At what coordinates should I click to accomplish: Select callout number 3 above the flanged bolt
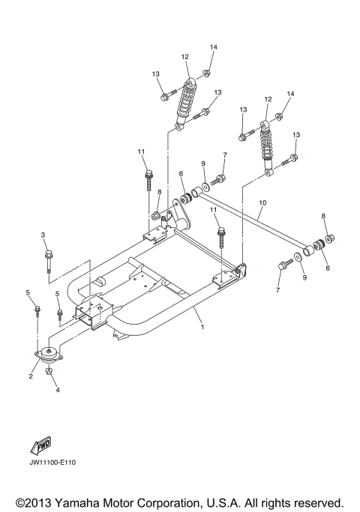click(43, 235)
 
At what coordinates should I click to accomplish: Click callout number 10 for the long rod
click(262, 203)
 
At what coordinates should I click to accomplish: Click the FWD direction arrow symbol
click(41, 445)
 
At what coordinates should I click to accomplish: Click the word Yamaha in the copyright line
click(85, 501)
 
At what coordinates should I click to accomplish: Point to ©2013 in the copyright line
click(31, 501)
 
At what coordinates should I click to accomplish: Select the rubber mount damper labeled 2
click(50, 355)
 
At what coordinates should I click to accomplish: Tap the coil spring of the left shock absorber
click(184, 104)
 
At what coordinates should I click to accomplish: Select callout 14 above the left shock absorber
click(213, 47)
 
